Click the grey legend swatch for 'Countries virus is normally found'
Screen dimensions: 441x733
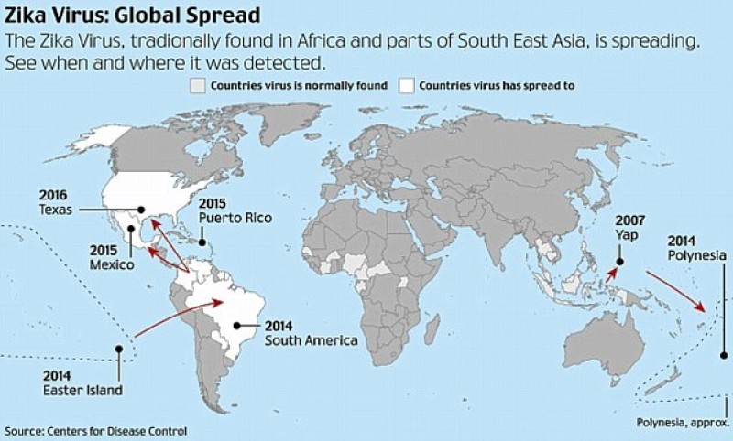[x=196, y=86]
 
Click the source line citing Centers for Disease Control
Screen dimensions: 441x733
[x=95, y=430]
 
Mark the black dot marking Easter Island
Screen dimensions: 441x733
[x=120, y=348]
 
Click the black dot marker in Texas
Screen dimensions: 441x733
[x=141, y=207]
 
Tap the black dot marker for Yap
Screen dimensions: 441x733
[x=620, y=262]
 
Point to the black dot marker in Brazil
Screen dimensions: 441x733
[x=236, y=323]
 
